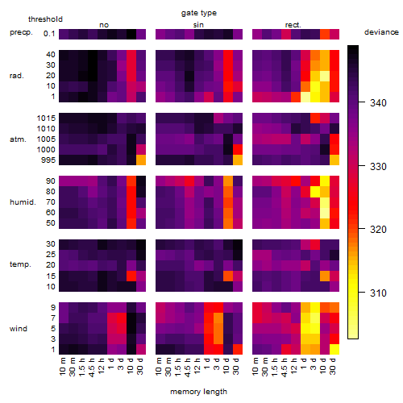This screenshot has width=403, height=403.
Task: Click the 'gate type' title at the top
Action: point(199,13)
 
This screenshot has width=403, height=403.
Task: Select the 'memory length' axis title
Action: point(198,392)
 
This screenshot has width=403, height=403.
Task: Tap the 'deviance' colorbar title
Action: point(381,32)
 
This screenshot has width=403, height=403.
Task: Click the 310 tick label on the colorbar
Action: point(378,293)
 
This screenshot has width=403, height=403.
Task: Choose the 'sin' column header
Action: point(198,25)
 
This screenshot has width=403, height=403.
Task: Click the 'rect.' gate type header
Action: point(293,25)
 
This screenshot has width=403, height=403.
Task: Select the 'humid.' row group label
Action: point(23,202)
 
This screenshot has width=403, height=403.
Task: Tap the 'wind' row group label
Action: point(19,329)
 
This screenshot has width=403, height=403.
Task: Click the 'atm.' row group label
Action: point(18,139)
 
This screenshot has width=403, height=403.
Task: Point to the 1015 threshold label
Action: point(46,118)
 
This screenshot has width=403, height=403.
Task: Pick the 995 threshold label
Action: point(48,160)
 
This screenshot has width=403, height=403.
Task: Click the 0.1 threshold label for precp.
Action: point(49,34)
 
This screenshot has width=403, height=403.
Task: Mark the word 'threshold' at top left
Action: point(45,19)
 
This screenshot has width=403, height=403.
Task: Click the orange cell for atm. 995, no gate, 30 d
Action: point(141,160)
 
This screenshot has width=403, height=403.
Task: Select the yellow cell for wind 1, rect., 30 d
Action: point(334,349)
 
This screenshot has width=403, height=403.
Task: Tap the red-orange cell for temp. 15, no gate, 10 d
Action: point(131,276)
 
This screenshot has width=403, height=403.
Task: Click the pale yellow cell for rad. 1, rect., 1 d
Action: point(305,97)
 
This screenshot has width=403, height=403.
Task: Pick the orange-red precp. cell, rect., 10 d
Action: point(325,34)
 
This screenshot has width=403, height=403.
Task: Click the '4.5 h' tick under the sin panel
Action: point(188,367)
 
